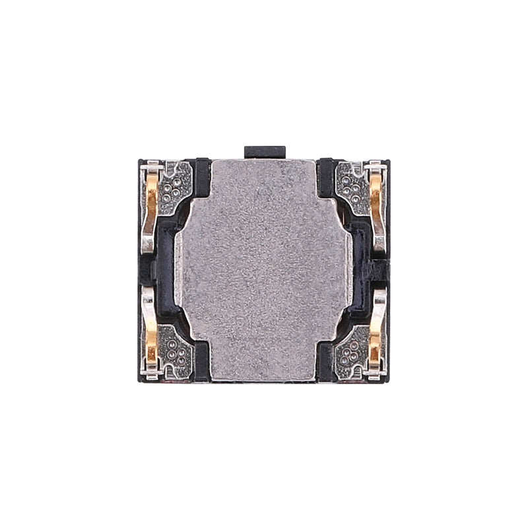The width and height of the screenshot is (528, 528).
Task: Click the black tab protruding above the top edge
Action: point(265,152)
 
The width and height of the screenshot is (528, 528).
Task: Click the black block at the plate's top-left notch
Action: point(200,177)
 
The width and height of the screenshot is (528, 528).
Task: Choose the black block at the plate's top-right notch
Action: point(327,177)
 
